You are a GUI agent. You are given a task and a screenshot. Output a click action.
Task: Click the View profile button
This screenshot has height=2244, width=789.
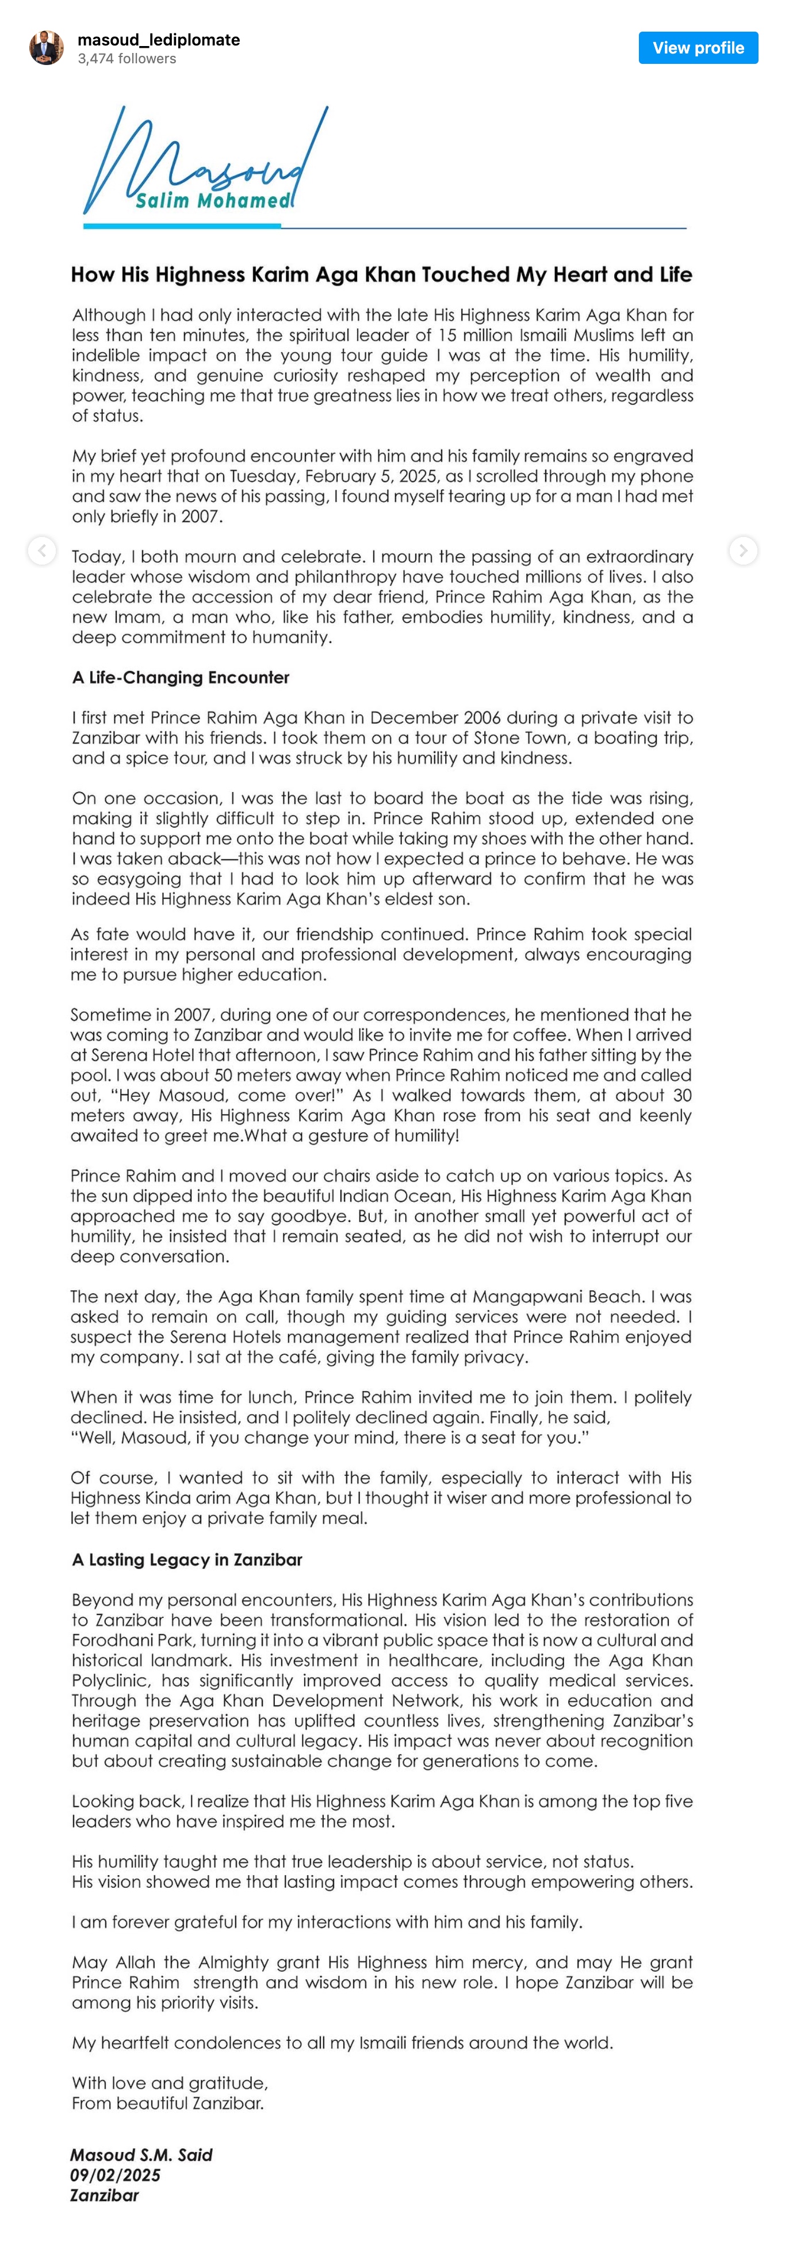pos(698,48)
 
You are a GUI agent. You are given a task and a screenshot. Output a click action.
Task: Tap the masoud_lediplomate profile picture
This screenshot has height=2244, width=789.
pos(46,48)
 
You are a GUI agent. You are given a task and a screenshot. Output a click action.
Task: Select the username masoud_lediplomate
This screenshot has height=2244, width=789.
pos(159,39)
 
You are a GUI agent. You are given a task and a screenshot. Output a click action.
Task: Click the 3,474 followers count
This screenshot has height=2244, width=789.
pos(127,58)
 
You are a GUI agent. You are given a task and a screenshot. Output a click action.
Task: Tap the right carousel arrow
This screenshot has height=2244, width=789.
pos(743,551)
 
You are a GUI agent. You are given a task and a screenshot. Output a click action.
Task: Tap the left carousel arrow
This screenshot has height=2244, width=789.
pos(42,551)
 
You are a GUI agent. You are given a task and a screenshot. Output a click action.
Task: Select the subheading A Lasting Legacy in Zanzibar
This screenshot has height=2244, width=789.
pos(187,1559)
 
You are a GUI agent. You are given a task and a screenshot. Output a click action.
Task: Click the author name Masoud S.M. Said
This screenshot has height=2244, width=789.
pos(141,2154)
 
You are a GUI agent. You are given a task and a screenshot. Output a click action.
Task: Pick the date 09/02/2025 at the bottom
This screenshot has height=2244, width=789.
pos(115,2174)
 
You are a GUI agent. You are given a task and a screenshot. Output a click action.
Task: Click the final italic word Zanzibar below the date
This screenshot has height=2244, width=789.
pos(105,2195)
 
